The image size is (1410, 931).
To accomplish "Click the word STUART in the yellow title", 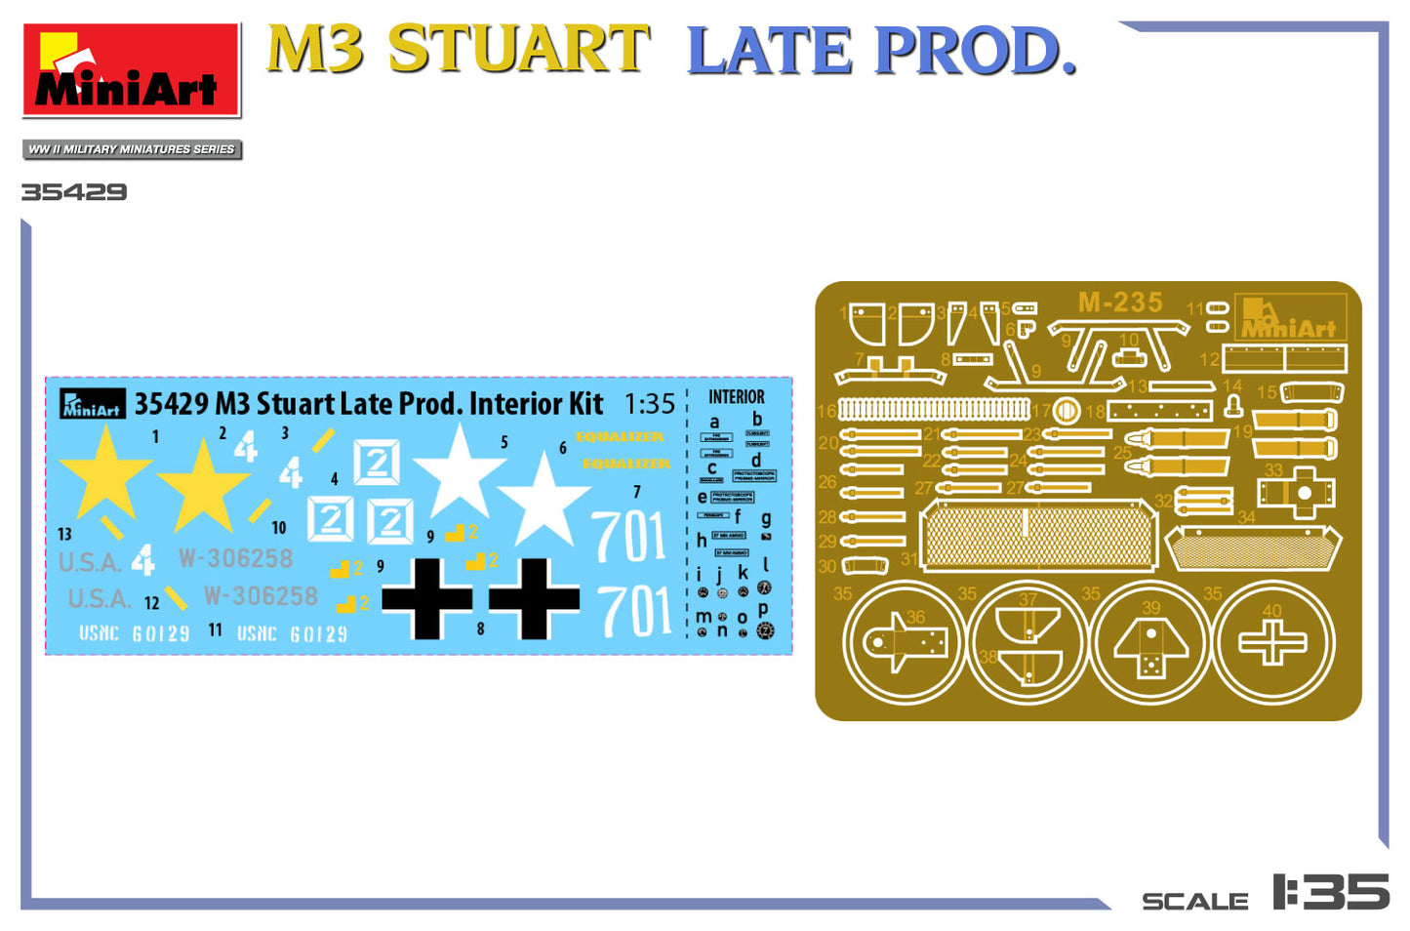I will pos(518,50).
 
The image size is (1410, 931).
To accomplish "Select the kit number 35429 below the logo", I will pos(74,192).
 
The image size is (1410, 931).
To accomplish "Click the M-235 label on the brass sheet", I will pos(1119,303).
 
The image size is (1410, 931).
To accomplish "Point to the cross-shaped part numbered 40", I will pos(1271,644).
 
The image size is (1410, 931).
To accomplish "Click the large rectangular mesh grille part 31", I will pos(1038,536).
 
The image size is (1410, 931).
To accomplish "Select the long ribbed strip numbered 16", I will pos(934,409).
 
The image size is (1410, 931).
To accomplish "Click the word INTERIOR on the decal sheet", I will pos(736,397).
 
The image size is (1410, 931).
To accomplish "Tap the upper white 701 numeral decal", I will pos(629,538).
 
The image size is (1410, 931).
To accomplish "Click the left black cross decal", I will pos(426,598).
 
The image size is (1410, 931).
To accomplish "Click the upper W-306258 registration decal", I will pos(235,558).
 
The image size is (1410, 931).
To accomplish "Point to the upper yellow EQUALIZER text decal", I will pos(620,437).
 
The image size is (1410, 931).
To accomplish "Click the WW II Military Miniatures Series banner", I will pos(132,149).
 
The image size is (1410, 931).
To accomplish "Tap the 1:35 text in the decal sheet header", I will pos(649,403).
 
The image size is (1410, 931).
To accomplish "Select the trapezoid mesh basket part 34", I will pos(1254,548).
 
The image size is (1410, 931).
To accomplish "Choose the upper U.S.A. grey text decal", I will pos(90,563).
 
